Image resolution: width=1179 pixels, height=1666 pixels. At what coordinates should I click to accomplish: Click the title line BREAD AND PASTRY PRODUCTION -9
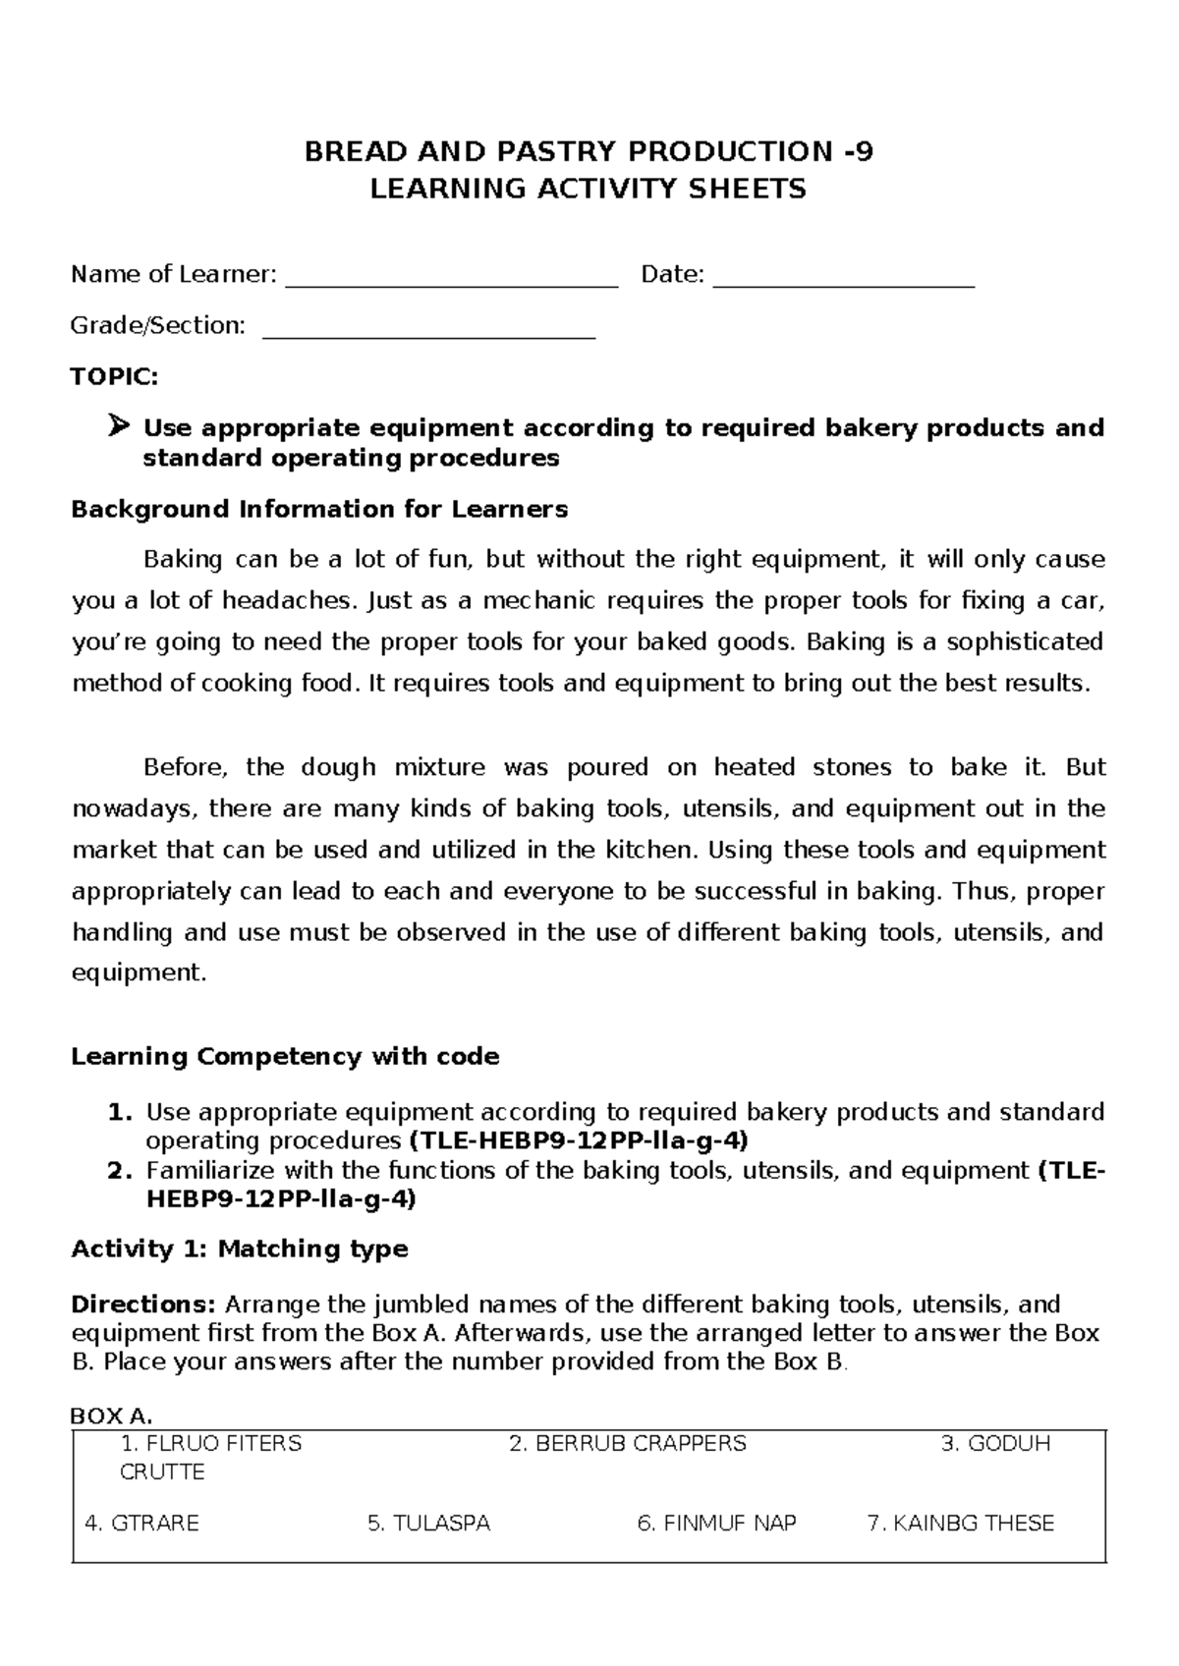pyautogui.click(x=588, y=152)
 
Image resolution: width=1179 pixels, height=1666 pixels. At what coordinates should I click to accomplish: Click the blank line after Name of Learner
pyautogui.click(x=451, y=283)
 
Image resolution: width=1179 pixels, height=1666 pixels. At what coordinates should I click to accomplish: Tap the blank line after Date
pyautogui.click(x=843, y=283)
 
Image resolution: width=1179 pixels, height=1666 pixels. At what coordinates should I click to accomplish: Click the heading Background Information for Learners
pyautogui.click(x=320, y=509)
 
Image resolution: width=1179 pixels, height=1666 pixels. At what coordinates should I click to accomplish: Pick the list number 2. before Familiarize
pyautogui.click(x=119, y=1171)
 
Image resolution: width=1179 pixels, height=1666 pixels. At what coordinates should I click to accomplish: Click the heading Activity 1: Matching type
pyautogui.click(x=240, y=1249)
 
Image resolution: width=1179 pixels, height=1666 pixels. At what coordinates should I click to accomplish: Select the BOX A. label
pyautogui.click(x=113, y=1416)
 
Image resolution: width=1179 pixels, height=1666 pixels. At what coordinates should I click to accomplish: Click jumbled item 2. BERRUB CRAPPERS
pyautogui.click(x=628, y=1443)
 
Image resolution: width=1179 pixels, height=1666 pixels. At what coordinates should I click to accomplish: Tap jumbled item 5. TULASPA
pyautogui.click(x=428, y=1524)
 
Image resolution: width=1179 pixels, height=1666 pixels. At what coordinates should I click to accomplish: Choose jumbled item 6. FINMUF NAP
pyautogui.click(x=716, y=1524)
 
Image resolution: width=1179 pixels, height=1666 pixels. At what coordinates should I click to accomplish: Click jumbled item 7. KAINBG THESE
pyautogui.click(x=961, y=1524)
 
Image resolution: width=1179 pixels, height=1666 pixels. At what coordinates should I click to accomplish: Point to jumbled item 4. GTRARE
pyautogui.click(x=142, y=1524)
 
